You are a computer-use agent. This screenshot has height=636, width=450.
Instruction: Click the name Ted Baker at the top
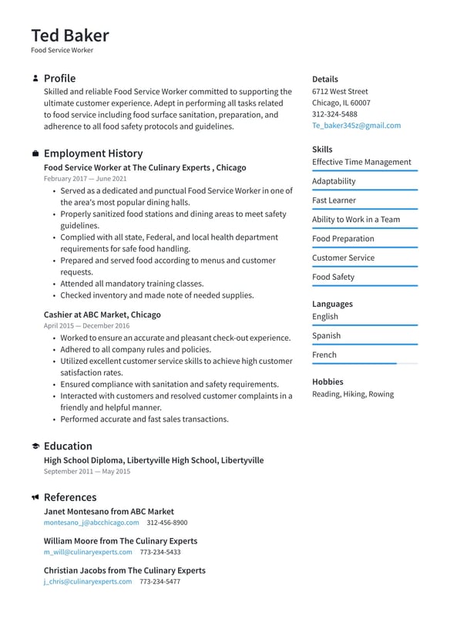point(70,35)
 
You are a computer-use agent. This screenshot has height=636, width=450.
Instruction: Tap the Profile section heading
point(59,79)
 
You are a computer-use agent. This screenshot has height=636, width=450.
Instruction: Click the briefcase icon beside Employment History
point(35,154)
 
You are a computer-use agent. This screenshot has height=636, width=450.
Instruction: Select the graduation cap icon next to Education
point(35,446)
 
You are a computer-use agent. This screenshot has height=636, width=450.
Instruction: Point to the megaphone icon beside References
point(35,498)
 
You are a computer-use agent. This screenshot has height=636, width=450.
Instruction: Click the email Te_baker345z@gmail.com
point(356,126)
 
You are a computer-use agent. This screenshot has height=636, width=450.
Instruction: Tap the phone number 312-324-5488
point(334,114)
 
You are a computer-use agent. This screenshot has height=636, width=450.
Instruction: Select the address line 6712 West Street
point(340,91)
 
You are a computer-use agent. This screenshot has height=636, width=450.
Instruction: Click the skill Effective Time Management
point(361,162)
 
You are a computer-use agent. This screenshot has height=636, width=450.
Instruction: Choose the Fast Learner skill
point(334,200)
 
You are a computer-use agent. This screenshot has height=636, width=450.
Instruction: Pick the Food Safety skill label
point(333,278)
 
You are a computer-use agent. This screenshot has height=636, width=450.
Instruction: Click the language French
point(324,355)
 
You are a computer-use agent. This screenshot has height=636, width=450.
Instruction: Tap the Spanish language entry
point(326,336)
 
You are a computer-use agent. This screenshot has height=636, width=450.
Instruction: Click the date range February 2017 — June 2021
point(86,179)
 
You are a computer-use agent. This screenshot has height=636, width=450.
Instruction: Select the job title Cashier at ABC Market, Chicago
point(102,315)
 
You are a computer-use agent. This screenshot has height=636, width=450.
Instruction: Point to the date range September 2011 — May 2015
point(87,471)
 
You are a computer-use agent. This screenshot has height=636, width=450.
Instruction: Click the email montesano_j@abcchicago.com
point(91,523)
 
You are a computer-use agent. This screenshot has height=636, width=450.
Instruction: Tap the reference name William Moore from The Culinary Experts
point(120,541)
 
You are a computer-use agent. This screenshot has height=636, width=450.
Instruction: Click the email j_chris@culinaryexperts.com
point(88,582)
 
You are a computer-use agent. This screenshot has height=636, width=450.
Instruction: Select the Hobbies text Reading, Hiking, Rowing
point(352,395)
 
